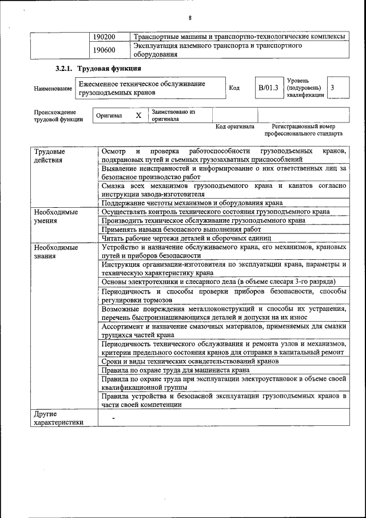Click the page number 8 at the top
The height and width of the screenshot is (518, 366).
(189, 17)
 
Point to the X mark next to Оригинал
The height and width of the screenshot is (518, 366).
(138, 115)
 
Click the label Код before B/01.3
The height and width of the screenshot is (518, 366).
(234, 88)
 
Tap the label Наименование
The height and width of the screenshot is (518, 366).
(53, 89)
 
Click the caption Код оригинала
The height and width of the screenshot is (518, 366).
(234, 126)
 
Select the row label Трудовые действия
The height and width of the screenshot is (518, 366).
(50, 156)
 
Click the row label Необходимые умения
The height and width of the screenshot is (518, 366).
(55, 216)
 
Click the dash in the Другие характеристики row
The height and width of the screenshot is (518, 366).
(114, 418)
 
